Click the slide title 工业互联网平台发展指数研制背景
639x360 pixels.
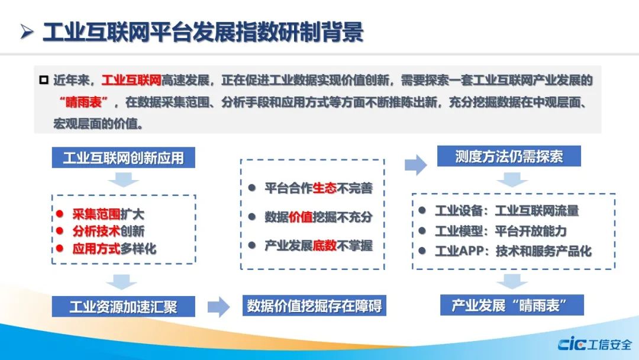click(203, 33)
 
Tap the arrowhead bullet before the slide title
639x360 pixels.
click(27, 32)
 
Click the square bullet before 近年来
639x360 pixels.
click(44, 79)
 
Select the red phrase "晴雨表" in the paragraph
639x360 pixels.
click(83, 101)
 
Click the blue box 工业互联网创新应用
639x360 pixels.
click(124, 157)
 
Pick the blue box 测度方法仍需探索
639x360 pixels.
click(509, 156)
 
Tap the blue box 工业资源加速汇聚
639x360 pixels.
click(124, 307)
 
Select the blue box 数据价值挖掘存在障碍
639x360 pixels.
click(314, 306)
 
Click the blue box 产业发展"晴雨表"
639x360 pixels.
click(512, 305)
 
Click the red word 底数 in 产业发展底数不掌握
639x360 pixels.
click(324, 246)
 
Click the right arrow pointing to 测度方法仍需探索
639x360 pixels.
click(416, 165)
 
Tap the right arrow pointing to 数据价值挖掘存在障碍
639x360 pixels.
click(219, 307)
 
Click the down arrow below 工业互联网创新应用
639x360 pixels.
click(124, 180)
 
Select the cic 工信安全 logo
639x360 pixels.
click(595, 345)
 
